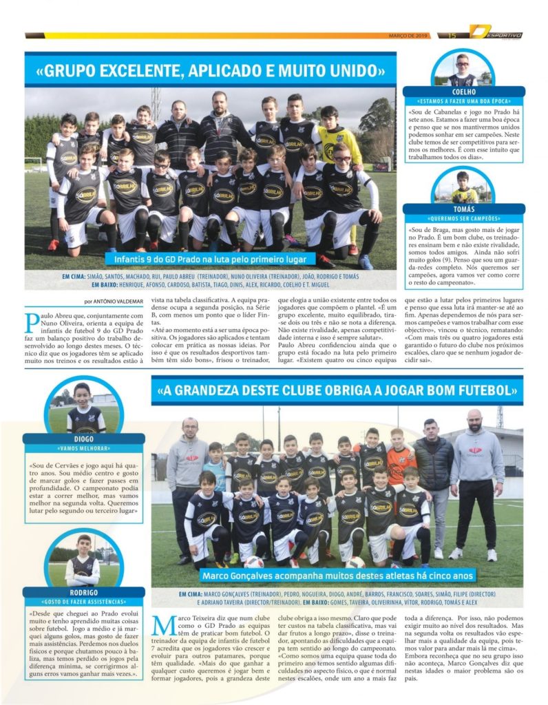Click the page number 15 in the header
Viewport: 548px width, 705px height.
(452, 35)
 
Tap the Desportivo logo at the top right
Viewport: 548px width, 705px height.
(496, 32)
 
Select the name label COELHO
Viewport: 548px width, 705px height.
(462, 92)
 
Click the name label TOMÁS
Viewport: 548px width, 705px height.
(463, 209)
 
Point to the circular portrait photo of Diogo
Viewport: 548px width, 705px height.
(83, 408)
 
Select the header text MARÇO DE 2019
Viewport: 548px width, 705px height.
(409, 35)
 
